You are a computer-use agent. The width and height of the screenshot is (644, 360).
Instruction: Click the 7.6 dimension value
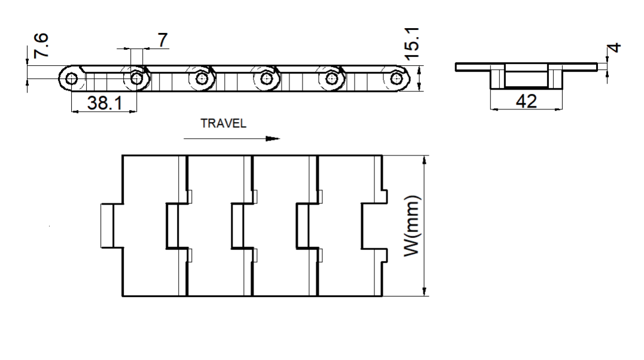41,45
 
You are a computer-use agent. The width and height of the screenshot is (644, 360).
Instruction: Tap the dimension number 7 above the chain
163,40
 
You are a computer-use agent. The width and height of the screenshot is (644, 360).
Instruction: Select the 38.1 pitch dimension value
105,102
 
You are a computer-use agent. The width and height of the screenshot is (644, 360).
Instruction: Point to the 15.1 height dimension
412,44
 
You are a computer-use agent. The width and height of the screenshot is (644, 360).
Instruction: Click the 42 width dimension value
526,101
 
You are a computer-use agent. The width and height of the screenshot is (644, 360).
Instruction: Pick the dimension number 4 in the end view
615,48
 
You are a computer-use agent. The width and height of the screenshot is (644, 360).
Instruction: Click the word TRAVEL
224,123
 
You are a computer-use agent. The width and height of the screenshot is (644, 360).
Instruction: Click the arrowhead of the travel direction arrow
273,139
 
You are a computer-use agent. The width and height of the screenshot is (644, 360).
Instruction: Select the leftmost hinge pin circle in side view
72,78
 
